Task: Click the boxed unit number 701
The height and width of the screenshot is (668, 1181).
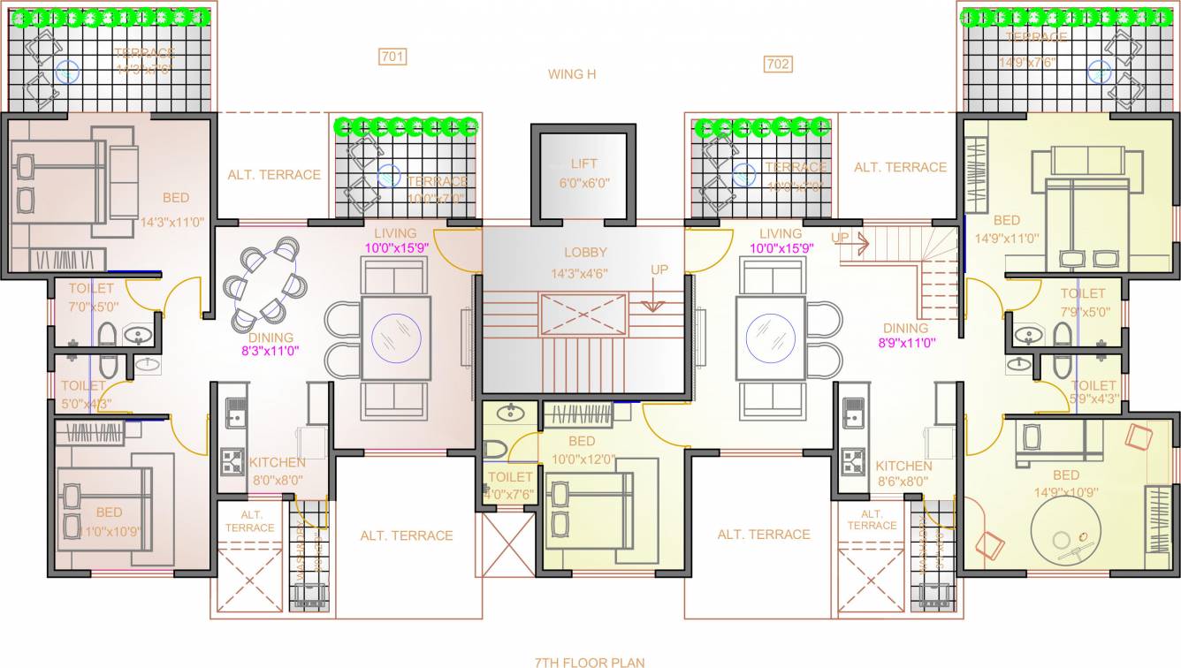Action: point(392,57)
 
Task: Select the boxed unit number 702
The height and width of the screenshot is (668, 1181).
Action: point(778,64)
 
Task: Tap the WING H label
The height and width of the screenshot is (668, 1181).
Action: point(572,74)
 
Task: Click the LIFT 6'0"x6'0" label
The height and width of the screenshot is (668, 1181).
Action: point(583,173)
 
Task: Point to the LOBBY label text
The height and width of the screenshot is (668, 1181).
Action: point(585,253)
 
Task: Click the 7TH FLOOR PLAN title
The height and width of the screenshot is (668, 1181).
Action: point(590,661)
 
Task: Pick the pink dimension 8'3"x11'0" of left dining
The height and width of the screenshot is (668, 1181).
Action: point(270,351)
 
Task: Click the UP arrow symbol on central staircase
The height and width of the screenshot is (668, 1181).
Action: point(654,305)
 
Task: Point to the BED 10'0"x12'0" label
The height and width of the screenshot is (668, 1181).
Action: point(582,450)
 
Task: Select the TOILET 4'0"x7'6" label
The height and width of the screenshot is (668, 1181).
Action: point(510,485)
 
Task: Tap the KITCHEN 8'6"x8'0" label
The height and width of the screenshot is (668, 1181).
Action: point(903,474)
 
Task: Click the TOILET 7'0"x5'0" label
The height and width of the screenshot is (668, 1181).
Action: point(90,297)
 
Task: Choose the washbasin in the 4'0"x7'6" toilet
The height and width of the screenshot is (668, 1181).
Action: point(508,412)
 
